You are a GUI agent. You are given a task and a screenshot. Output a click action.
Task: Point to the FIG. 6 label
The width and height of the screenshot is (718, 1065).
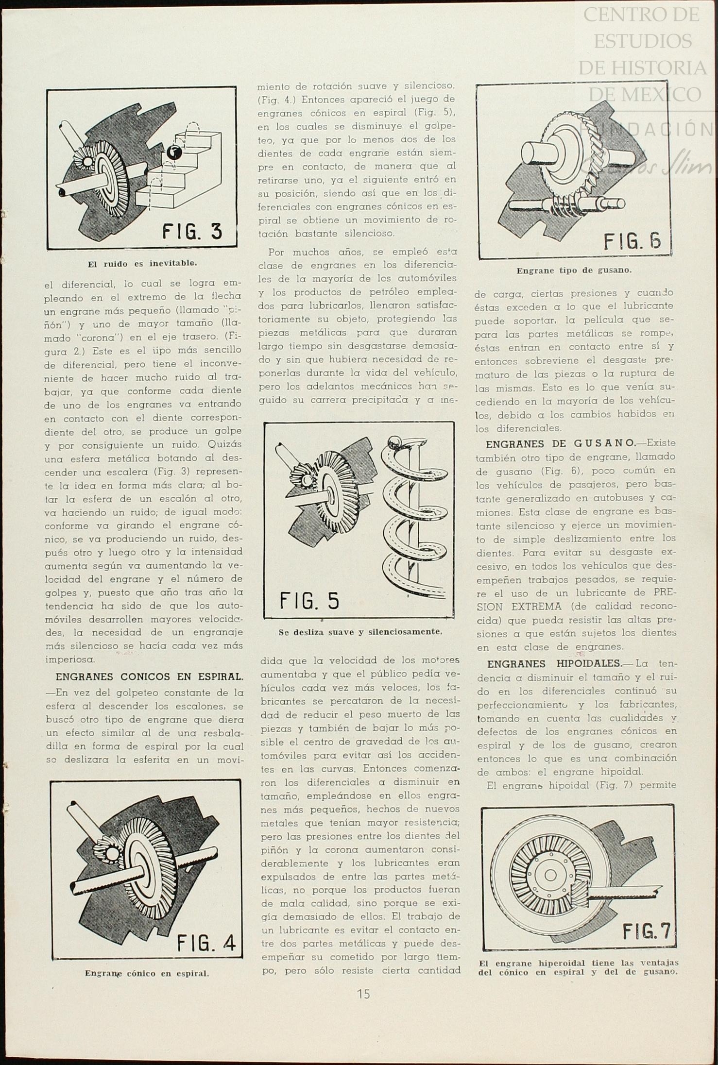coord(632,240)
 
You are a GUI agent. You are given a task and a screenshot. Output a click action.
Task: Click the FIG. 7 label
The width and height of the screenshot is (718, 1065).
coord(646,931)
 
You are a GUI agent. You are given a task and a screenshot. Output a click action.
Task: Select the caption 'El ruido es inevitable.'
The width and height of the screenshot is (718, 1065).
coord(141,264)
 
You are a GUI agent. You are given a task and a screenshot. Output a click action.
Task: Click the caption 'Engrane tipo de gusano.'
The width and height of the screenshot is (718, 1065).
coord(574,270)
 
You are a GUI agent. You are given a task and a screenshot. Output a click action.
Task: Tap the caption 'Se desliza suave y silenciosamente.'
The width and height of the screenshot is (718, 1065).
coord(360,632)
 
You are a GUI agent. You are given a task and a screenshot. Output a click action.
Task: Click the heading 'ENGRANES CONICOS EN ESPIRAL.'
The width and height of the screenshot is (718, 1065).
coord(149,676)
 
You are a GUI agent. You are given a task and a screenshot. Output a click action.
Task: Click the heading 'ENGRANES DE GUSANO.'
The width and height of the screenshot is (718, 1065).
coord(560,443)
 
